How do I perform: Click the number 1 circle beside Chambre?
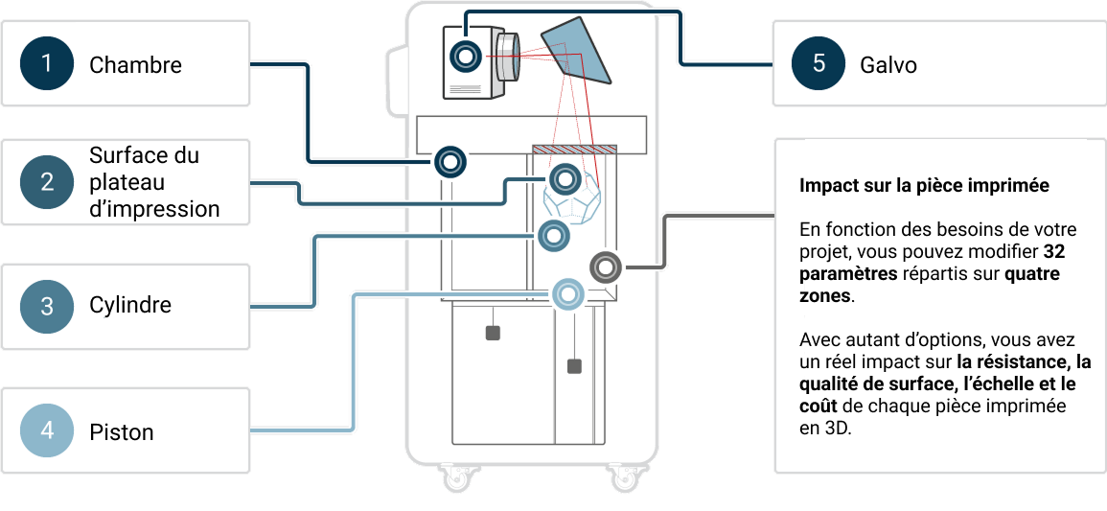pyautogui.click(x=46, y=64)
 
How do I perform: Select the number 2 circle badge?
pyautogui.click(x=46, y=182)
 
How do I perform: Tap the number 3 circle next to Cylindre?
pyautogui.click(x=46, y=307)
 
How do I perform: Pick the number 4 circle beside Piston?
pyautogui.click(x=46, y=431)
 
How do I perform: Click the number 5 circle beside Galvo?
pyautogui.click(x=818, y=64)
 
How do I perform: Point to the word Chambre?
pyautogui.click(x=135, y=65)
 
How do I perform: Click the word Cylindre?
pyautogui.click(x=130, y=306)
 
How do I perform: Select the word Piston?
pyautogui.click(x=122, y=432)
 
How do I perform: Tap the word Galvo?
pyautogui.click(x=888, y=65)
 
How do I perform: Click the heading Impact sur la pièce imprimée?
pyautogui.click(x=924, y=186)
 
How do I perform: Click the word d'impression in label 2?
pyautogui.click(x=154, y=208)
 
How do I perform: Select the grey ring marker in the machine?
pyautogui.click(x=605, y=266)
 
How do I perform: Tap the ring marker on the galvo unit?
pyautogui.click(x=466, y=57)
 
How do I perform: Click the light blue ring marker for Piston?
pyautogui.click(x=566, y=293)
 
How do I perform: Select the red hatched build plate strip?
pyautogui.click(x=574, y=150)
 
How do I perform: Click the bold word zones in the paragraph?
pyautogui.click(x=825, y=296)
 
